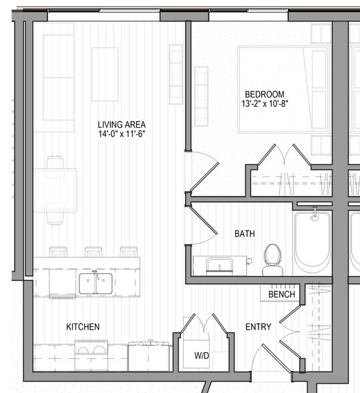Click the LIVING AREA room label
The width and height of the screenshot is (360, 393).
click(x=121, y=124)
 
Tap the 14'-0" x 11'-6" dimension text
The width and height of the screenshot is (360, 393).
click(x=121, y=134)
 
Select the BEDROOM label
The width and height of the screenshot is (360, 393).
click(x=264, y=94)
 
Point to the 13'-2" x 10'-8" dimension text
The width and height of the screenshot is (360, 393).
click(x=264, y=104)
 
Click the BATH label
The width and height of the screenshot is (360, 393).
click(x=244, y=234)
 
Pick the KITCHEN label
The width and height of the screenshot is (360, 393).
click(x=83, y=327)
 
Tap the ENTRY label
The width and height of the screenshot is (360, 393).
click(x=258, y=327)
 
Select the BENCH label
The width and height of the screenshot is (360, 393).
click(x=281, y=294)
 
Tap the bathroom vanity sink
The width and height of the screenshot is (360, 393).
click(x=218, y=265)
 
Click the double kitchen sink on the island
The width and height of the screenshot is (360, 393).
click(x=96, y=283)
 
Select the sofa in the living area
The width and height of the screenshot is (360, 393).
click(x=58, y=84)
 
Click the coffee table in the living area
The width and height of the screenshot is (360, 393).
click(x=105, y=74)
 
